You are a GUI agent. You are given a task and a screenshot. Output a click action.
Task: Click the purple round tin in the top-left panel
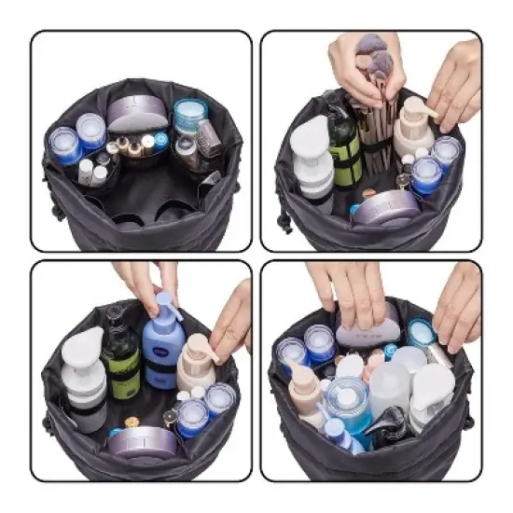pyautogui.click(x=136, y=114)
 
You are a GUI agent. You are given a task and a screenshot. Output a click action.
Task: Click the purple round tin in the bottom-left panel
pyautogui.click(x=142, y=437)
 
